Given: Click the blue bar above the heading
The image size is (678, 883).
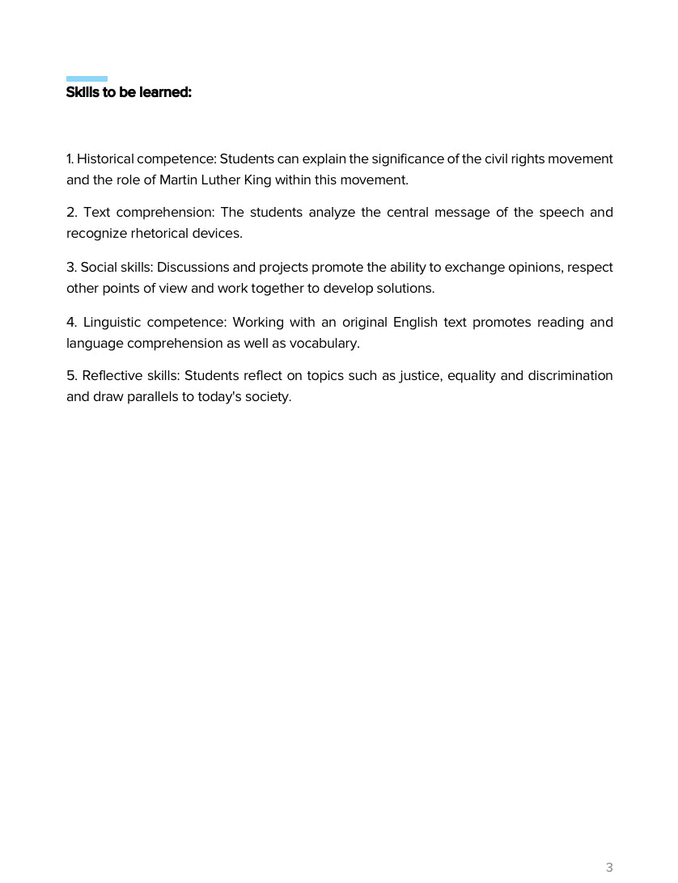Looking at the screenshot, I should click(x=87, y=78).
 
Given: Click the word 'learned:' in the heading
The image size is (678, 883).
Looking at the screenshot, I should click(x=165, y=92).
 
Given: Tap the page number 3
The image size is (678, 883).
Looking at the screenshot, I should click(x=609, y=868).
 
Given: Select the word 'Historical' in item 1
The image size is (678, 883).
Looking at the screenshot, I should click(x=105, y=158).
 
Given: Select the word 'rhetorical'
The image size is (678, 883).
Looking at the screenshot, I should click(x=162, y=233).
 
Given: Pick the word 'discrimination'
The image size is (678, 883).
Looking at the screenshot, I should click(x=569, y=375).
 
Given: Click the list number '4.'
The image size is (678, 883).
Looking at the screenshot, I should click(x=71, y=322).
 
